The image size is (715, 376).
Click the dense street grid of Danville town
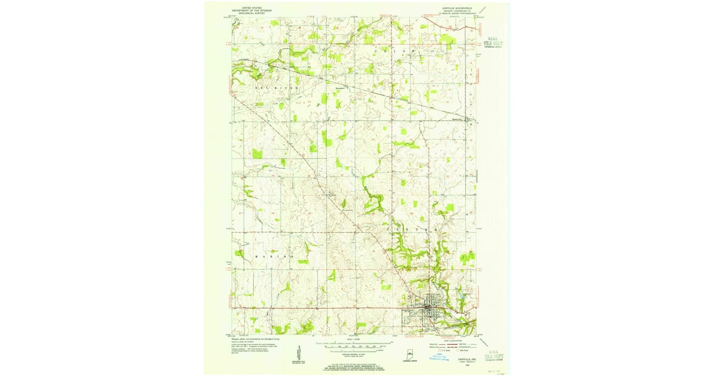(x=430, y=310)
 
